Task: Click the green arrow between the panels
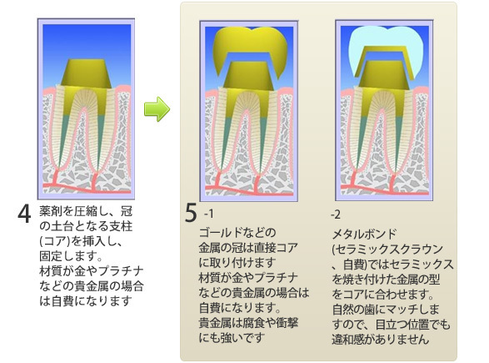coord(157,109)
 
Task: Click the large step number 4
coord(24,214)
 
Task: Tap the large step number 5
coord(191,213)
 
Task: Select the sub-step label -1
coord(208,214)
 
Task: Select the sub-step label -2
coord(335,214)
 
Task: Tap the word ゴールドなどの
coord(237,233)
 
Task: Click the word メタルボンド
coord(364,234)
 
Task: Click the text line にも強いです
coord(232,338)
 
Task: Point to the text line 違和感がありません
coord(380,340)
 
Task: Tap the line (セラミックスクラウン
coord(387,249)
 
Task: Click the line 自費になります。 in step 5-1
coord(240,308)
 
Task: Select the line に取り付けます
coord(237,263)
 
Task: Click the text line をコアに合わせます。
coord(383,295)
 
